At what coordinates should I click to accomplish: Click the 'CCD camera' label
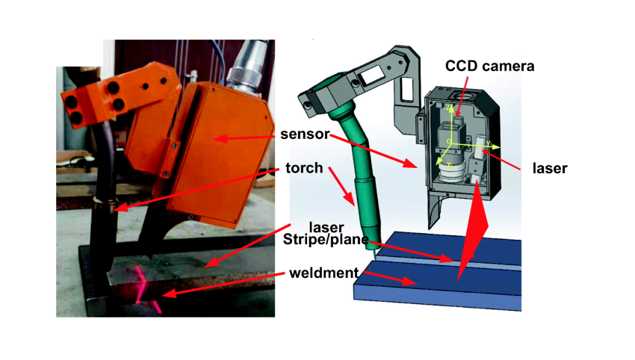[489, 66]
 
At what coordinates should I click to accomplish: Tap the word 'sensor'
[305, 134]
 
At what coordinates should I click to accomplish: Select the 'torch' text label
[304, 167]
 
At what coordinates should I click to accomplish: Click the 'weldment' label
[324, 273]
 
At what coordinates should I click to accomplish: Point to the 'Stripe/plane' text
[326, 239]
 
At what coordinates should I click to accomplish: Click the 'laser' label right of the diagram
[550, 168]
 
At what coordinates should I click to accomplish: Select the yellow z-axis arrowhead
[450, 108]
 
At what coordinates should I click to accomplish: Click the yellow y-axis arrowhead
[496, 147]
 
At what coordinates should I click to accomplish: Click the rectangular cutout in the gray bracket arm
[372, 76]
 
